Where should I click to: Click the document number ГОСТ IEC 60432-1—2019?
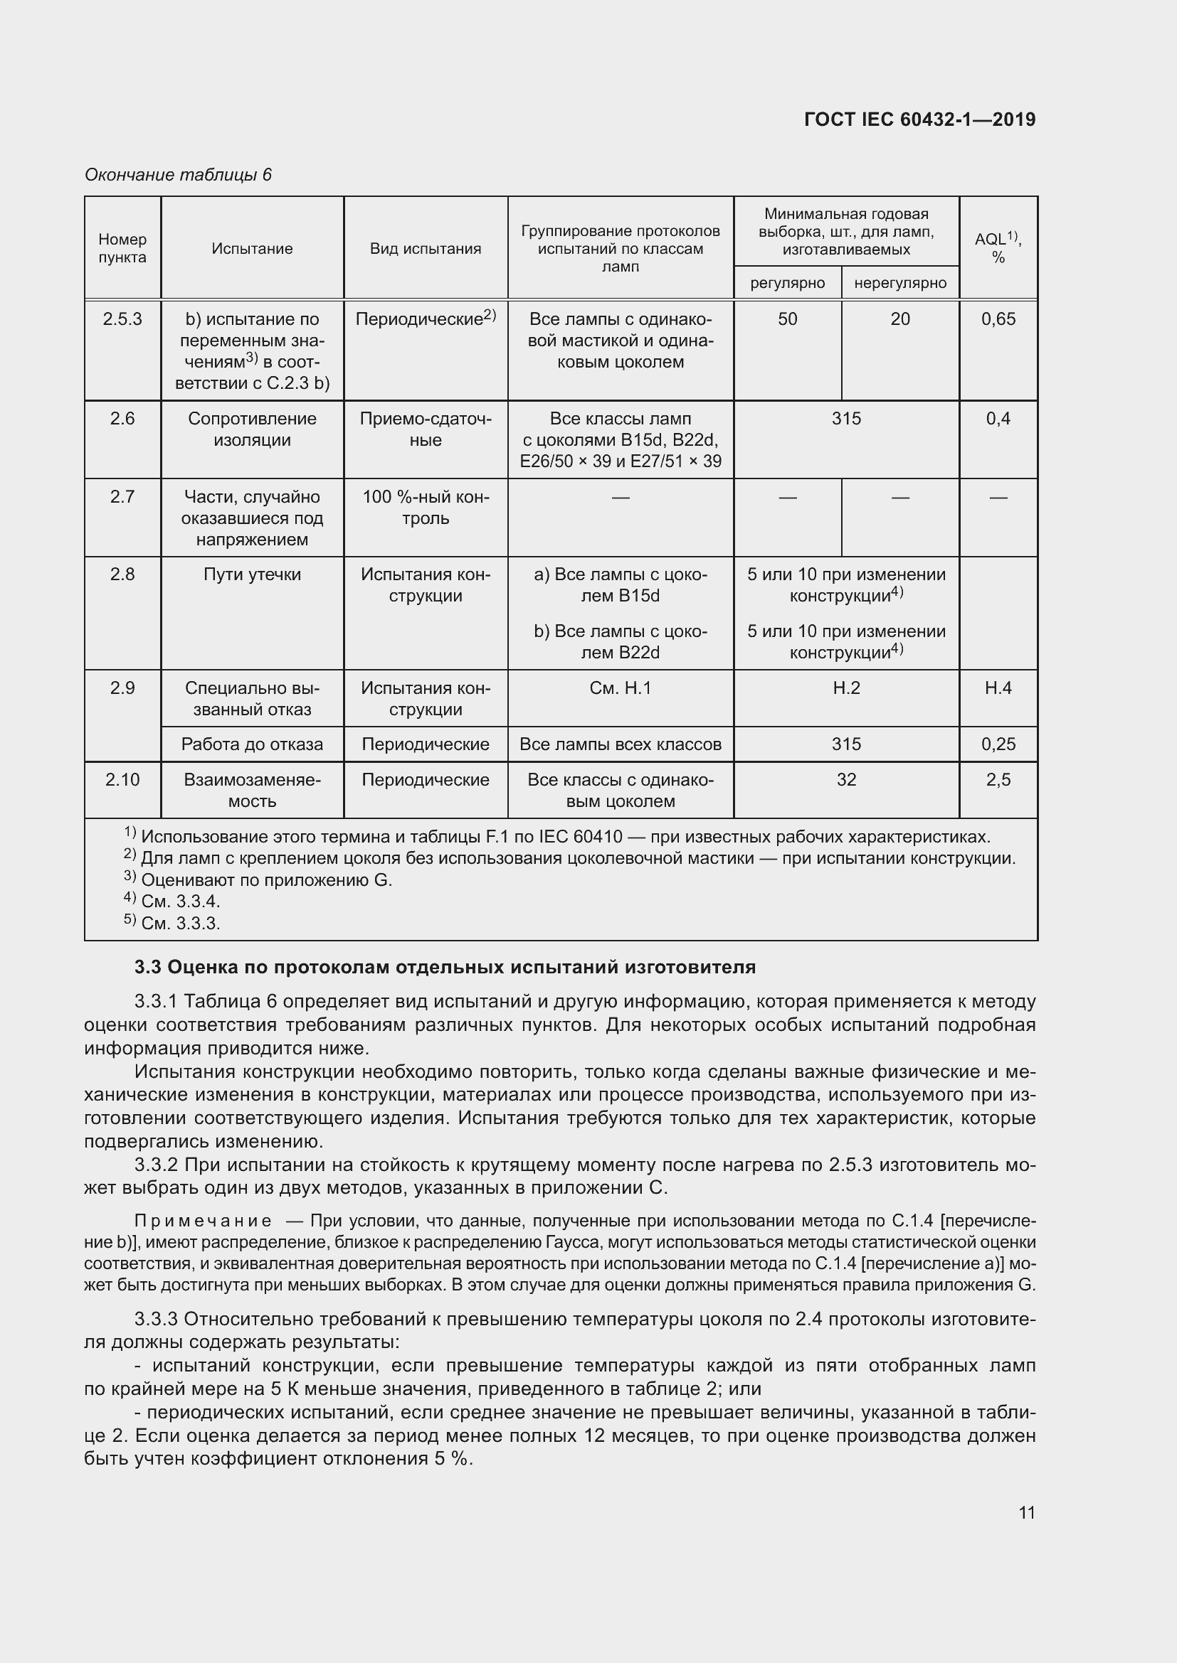coord(919,119)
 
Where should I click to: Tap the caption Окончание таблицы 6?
coord(178,175)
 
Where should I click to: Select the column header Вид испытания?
coord(426,248)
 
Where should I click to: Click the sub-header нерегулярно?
coord(899,282)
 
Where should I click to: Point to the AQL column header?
coord(997,247)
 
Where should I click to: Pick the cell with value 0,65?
coord(998,319)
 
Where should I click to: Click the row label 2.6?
coord(122,419)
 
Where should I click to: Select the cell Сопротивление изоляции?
coord(251,429)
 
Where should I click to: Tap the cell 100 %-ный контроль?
coord(426,507)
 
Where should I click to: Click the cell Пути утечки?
coord(251,574)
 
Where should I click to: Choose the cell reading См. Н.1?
coord(620,688)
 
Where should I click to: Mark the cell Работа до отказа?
coord(251,744)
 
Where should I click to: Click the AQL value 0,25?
coord(998,744)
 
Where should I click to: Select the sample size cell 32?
coord(846,779)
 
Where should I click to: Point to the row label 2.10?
coord(122,779)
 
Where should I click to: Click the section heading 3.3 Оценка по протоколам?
coord(445,967)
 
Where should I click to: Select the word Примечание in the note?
coord(203,1221)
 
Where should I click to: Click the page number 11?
coord(1026,1512)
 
